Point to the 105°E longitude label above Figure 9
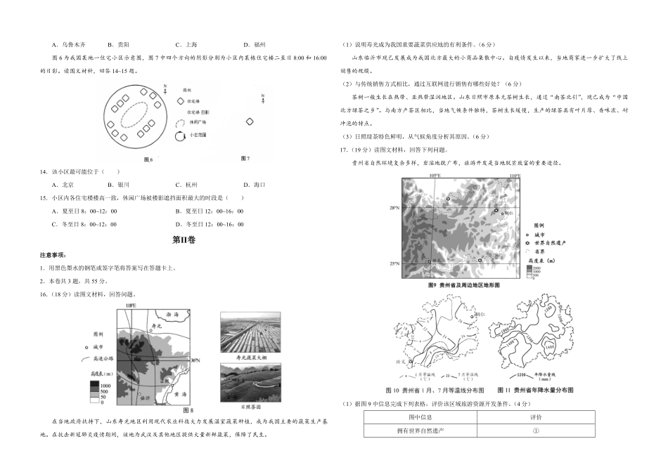(x=434, y=175)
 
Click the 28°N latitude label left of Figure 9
(x=395, y=208)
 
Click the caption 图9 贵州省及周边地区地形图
(x=463, y=286)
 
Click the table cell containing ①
(x=535, y=430)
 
